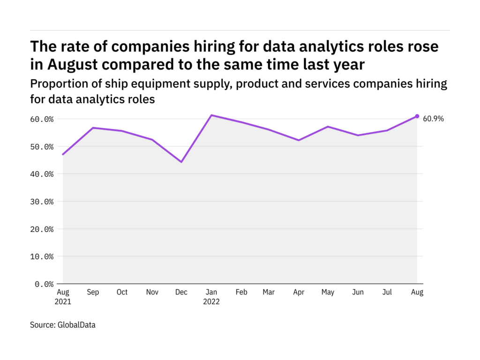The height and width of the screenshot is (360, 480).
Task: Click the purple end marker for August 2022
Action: click(417, 116)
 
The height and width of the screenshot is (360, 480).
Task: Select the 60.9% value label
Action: click(433, 119)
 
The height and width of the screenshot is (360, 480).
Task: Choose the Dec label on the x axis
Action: click(181, 292)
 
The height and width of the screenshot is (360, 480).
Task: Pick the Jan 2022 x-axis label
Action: click(211, 297)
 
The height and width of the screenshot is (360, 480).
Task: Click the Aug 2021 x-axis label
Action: click(63, 297)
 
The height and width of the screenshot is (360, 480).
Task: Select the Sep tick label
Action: click(92, 292)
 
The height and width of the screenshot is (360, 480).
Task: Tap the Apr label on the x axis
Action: click(299, 292)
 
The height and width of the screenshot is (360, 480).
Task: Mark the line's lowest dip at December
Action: click(181, 162)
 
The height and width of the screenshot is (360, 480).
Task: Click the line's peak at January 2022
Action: click(211, 115)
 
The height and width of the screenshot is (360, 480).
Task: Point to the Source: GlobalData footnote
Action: click(62, 324)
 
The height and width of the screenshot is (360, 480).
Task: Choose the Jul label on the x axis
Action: click(387, 292)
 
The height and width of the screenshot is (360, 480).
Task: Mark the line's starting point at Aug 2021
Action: click(63, 154)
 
